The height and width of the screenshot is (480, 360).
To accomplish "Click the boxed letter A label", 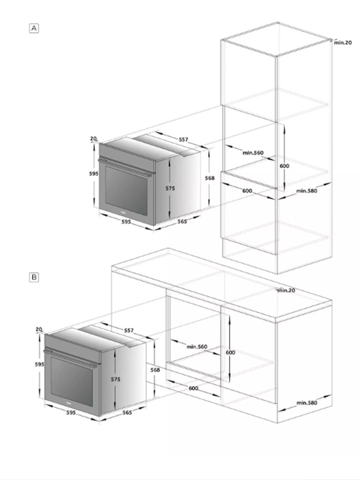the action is tap(34, 28).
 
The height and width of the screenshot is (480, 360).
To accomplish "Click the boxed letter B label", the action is tap(34, 277).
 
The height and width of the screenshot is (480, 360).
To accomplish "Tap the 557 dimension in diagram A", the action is tap(183, 140).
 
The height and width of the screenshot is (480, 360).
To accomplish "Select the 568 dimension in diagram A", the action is tap(210, 178).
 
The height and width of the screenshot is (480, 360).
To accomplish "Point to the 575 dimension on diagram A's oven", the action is tap(170, 188).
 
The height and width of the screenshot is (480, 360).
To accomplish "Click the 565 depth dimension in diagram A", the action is tap(182, 221).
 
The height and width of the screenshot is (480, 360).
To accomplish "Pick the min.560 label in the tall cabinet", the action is tap(253, 153).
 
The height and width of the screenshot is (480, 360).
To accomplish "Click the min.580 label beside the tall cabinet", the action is tap(307, 191).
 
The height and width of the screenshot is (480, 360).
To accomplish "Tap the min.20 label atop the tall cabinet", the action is tap(343, 43).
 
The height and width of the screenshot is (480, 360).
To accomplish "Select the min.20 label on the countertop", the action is tap(286, 290).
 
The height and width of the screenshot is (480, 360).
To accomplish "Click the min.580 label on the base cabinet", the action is tap(307, 403).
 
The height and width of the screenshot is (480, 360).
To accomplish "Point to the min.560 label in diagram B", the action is tap(197, 347).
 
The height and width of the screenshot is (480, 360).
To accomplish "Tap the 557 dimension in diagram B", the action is tap(129, 330).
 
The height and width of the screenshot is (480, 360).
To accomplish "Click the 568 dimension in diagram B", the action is tap(155, 370).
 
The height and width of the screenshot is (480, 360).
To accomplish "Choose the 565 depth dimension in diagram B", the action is tap(127, 413).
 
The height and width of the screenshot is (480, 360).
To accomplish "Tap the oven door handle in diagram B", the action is tap(71, 358).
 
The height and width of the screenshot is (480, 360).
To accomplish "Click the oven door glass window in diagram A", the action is tap(126, 191).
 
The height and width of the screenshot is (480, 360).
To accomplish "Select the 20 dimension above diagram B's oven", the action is tap(38, 329).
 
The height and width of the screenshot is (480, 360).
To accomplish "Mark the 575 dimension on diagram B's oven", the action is tap(115, 379).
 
